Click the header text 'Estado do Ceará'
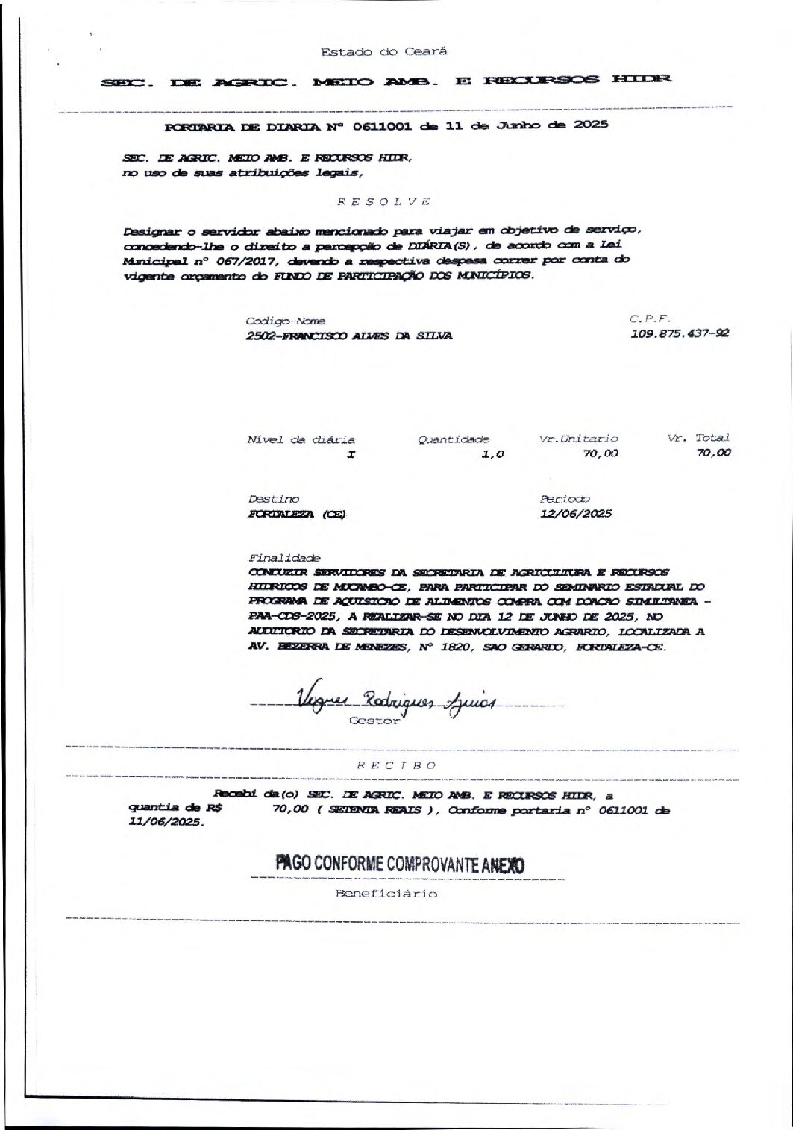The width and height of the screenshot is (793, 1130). click(383, 52)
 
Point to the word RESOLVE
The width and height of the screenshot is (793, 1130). click(383, 201)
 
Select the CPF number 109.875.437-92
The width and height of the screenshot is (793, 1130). click(680, 334)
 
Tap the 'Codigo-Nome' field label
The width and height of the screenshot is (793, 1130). click(275, 321)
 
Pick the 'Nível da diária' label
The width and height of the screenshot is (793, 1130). click(301, 440)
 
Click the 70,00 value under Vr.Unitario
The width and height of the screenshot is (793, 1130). click(601, 453)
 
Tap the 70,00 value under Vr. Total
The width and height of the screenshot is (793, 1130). click(713, 453)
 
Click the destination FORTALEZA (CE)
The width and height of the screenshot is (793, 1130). click(297, 514)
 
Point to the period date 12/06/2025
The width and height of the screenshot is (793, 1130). click(575, 513)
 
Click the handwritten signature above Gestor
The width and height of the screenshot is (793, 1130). click(396, 699)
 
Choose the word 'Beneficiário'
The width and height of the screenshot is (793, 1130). click(386, 894)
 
